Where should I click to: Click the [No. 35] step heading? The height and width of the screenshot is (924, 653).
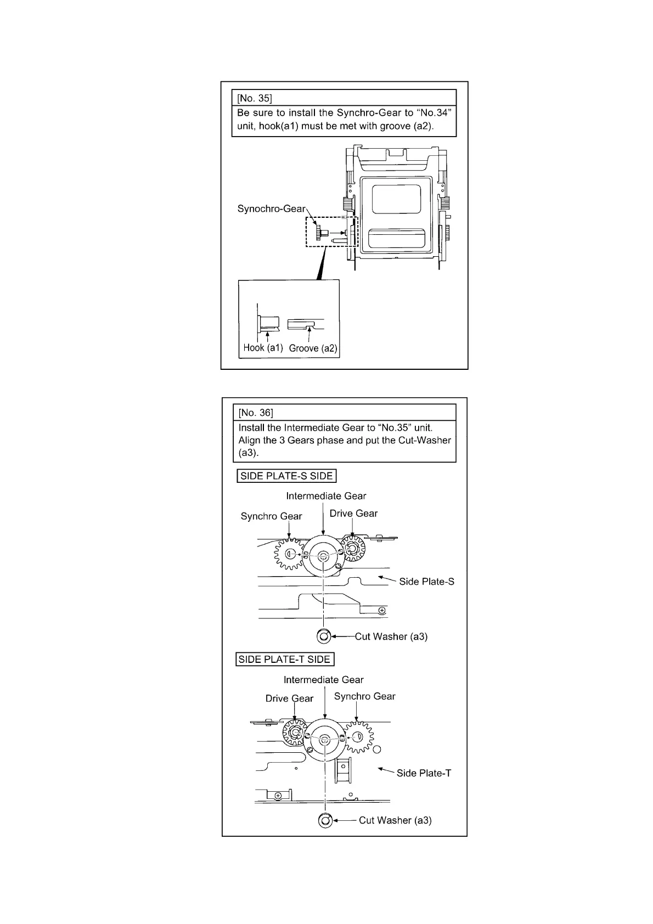coord(254,99)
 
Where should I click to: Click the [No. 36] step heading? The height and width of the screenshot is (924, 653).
coord(256,413)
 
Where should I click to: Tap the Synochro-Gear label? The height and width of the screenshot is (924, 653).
coord(271,209)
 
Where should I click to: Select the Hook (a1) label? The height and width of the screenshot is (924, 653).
coord(263,348)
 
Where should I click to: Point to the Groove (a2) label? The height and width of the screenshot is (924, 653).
coord(313,348)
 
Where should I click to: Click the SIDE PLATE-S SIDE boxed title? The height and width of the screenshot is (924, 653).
coord(286,476)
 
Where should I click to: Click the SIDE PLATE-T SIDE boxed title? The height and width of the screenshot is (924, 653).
coord(285,660)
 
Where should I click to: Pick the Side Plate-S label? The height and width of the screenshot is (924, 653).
coord(426,582)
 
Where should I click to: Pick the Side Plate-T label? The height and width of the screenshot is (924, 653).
coord(424,773)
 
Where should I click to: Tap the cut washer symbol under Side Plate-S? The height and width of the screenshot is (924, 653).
coord(323,636)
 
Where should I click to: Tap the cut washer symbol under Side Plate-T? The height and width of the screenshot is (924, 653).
coord(325,821)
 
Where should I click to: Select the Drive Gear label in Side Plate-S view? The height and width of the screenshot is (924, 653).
coord(353,514)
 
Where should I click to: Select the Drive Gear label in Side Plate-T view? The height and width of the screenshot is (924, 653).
coord(289,698)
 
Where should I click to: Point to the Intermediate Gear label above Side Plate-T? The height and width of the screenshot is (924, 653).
coord(323,680)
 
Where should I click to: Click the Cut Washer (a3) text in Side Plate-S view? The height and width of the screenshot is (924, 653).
coord(391,636)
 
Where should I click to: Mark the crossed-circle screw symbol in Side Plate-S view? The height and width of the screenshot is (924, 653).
coord(382,611)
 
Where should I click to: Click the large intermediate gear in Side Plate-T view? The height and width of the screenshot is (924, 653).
coord(325,740)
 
